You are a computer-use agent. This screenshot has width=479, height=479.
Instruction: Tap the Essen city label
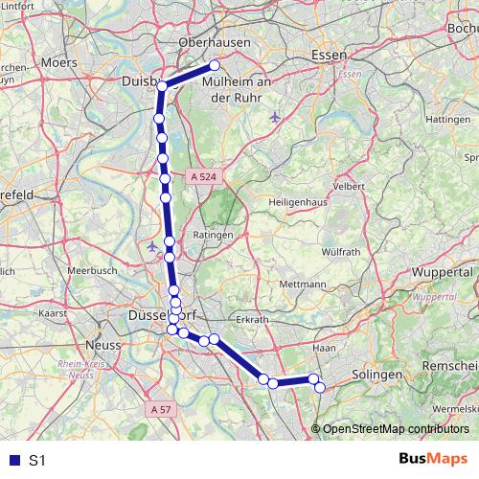[329, 57]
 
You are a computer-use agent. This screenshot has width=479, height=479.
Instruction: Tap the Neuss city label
[102, 345]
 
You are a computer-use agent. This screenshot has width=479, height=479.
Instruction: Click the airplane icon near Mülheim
[276, 118]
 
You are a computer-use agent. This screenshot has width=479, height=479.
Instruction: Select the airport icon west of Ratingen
[153, 247]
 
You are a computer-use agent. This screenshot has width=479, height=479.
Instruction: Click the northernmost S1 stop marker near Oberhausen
[216, 65]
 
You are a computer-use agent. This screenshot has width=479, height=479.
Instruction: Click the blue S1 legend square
[12, 460]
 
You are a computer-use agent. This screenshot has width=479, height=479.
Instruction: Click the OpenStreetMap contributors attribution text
[396, 428]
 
